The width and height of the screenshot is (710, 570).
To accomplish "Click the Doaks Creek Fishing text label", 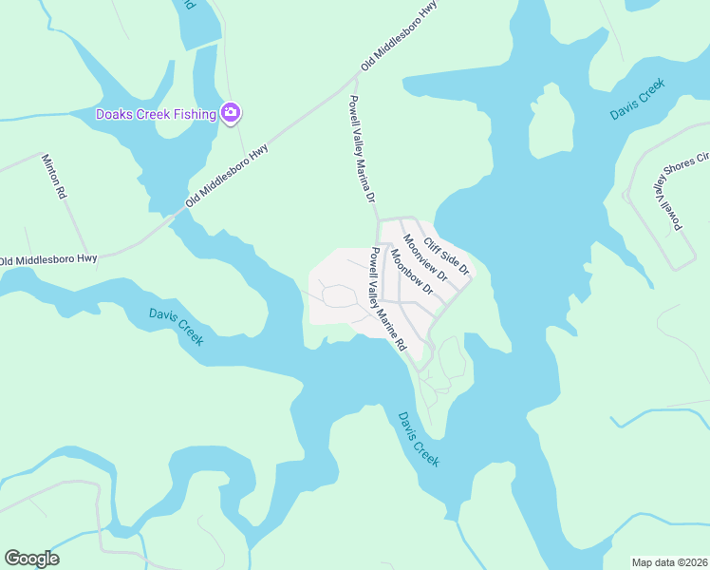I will [156, 115].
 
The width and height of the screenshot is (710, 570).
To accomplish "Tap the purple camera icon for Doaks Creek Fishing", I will [230, 114].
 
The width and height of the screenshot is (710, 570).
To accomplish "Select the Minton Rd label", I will [53, 176].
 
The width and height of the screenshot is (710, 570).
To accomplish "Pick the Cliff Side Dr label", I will [447, 256].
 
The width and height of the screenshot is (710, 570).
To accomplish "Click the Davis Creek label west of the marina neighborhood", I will [176, 327].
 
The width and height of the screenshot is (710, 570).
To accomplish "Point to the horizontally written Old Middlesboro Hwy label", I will [48, 259].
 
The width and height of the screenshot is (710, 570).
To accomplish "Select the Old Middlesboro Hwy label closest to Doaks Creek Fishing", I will [228, 176].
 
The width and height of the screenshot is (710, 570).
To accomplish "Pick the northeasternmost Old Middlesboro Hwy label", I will [402, 37].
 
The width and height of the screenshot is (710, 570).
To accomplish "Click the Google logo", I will [31, 559].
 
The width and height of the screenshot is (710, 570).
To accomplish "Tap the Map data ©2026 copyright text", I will [670, 561].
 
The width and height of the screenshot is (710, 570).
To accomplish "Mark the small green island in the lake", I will [551, 121].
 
